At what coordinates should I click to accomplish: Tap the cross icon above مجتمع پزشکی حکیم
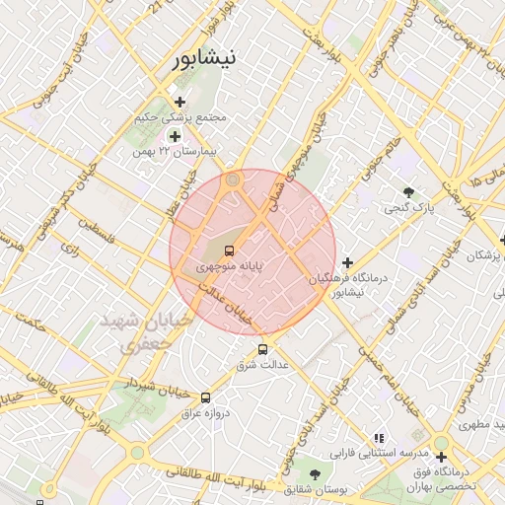click(x=179, y=102)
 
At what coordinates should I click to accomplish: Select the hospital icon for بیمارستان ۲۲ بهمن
click(x=175, y=136)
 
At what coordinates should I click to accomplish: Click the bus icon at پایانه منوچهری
click(x=229, y=252)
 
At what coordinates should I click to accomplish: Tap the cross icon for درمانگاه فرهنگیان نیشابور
click(x=346, y=262)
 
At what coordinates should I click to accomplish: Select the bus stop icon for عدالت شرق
click(x=261, y=349)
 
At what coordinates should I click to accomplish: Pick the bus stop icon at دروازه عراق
click(x=205, y=397)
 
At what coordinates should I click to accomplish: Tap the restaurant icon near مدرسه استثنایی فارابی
click(x=378, y=438)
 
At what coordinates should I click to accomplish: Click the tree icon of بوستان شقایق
click(x=314, y=474)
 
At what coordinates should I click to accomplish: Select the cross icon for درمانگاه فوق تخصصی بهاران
click(x=441, y=457)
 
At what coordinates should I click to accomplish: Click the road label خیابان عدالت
click(x=230, y=306)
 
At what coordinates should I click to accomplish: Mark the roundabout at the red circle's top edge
click(x=233, y=180)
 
